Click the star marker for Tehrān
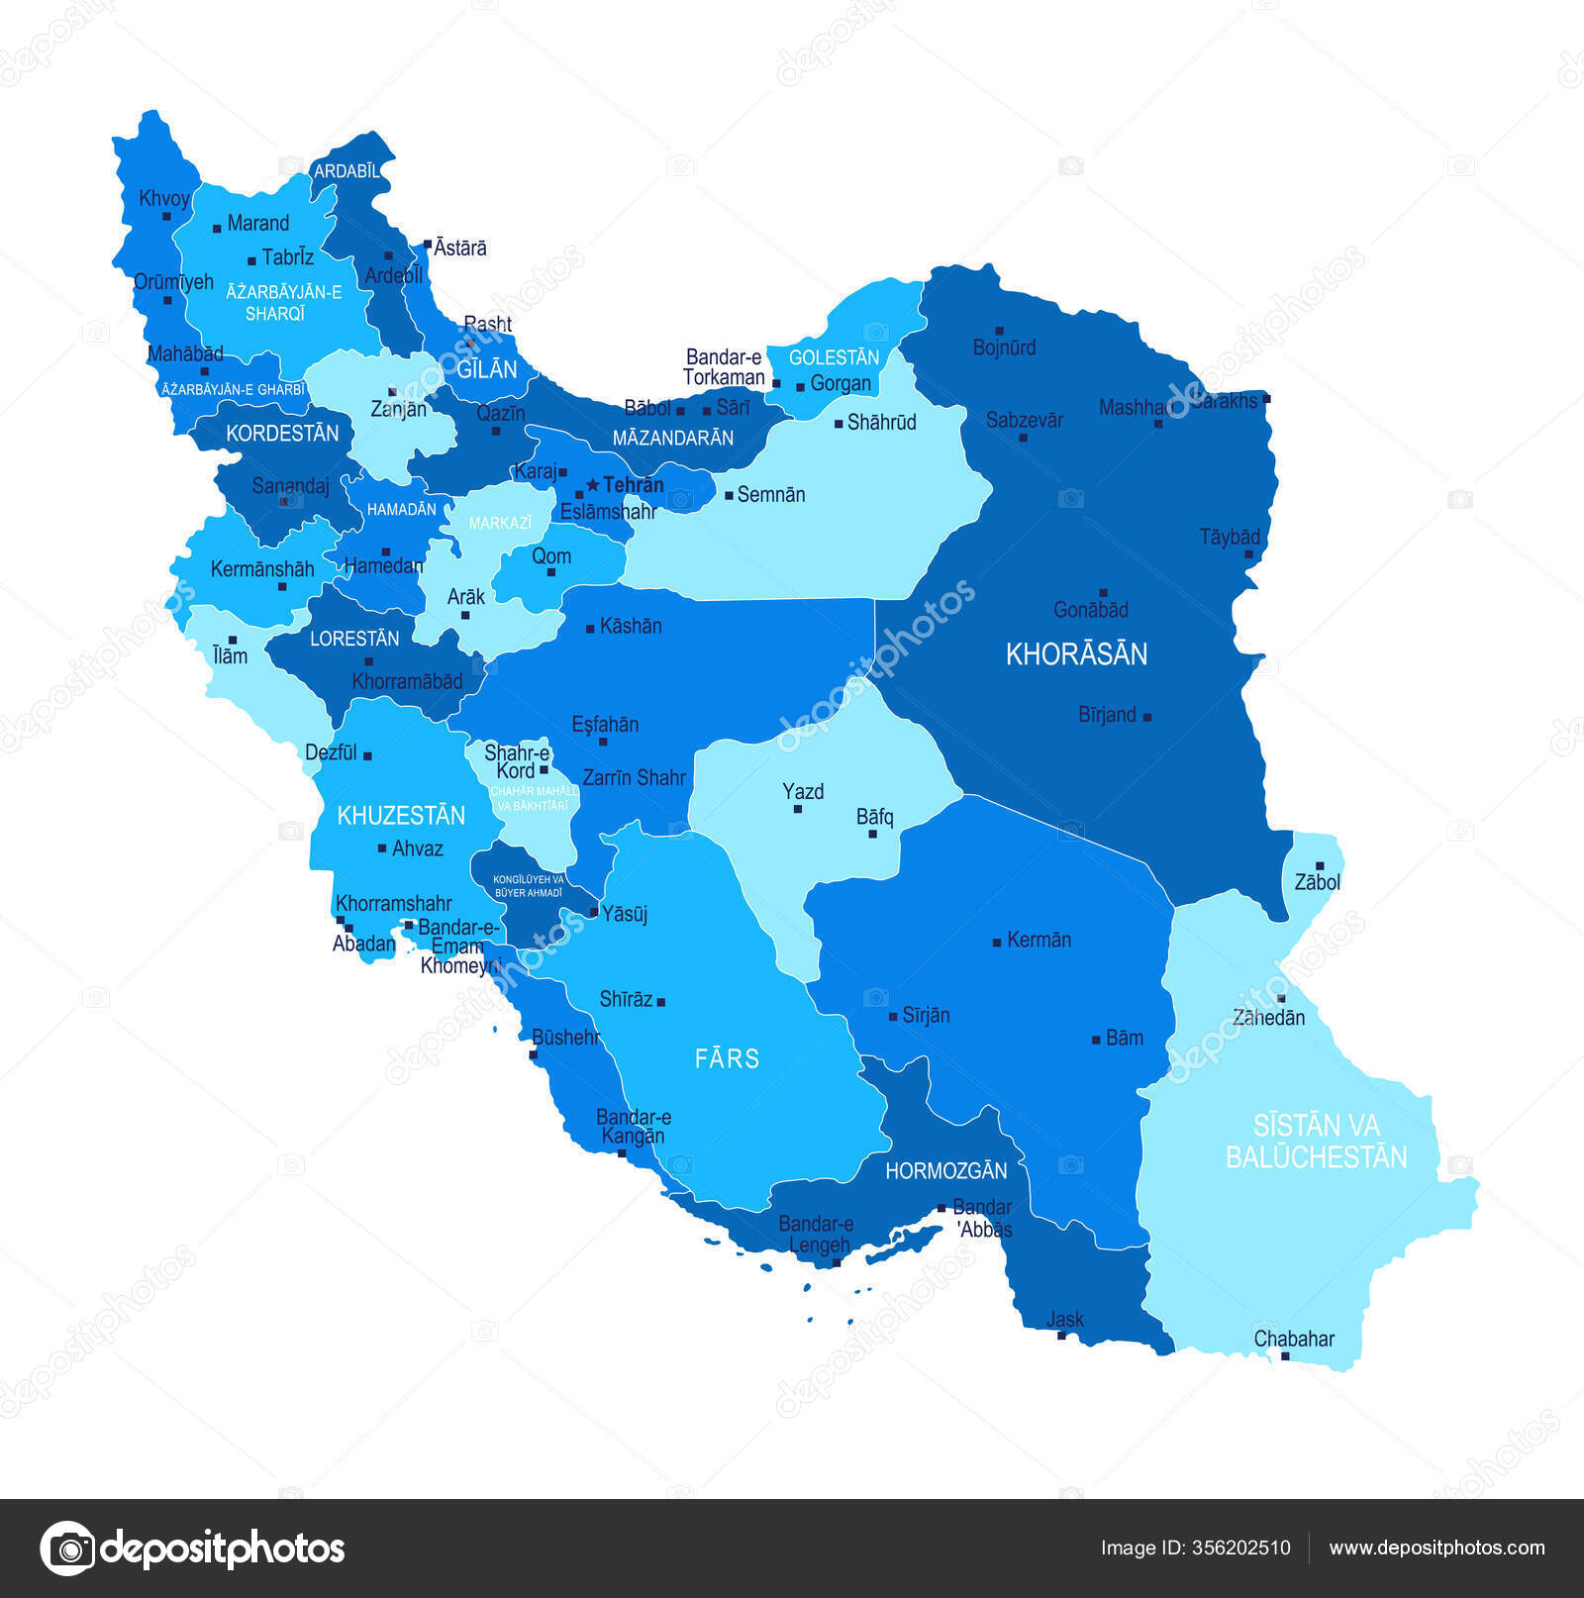(593, 485)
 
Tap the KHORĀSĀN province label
(1076, 653)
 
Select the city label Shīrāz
(626, 999)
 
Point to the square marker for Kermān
(997, 943)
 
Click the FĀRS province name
(727, 1058)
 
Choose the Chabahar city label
(1294, 1339)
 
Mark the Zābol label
(1317, 882)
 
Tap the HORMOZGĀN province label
(945, 1171)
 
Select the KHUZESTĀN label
(401, 816)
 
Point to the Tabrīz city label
(287, 257)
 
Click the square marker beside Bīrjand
(1147, 717)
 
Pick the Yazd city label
(803, 791)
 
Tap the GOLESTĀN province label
(834, 357)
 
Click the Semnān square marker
(730, 495)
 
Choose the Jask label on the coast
(1065, 1319)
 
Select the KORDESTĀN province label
(282, 433)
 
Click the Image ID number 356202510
(1242, 1548)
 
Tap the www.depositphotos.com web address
(1436, 1548)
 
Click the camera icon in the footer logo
(68, 1548)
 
